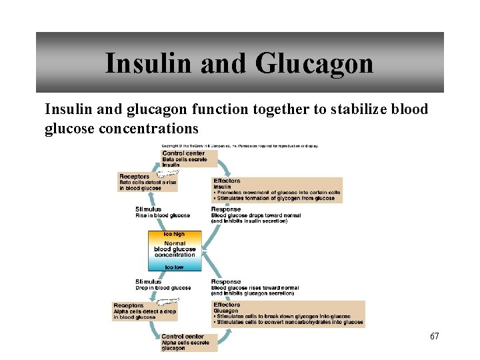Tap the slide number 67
(x=434, y=336)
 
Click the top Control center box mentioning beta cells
(x=189, y=159)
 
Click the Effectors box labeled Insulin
(x=276, y=189)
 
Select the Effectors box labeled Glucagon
(x=288, y=313)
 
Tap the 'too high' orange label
(x=174, y=234)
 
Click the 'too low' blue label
(x=174, y=267)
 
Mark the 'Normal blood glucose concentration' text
(x=174, y=249)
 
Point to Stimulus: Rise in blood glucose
(x=162, y=212)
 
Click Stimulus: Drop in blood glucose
(x=163, y=285)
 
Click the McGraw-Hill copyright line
(x=240, y=145)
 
